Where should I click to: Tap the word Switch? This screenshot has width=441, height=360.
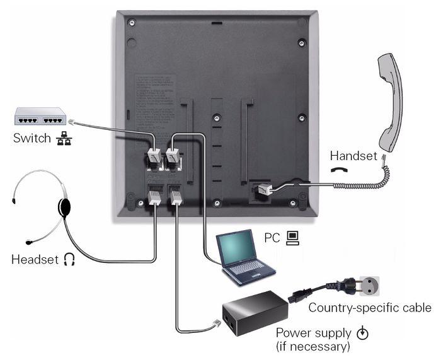32,137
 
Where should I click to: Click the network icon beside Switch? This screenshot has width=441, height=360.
62,138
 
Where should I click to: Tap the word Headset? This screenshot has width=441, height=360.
35,259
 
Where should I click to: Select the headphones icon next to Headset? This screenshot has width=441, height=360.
69,259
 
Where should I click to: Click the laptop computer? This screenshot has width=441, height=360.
245,256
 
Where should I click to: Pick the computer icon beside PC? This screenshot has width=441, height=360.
292,237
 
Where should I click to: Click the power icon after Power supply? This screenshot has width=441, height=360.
361,332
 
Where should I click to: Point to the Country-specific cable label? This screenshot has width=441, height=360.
369,308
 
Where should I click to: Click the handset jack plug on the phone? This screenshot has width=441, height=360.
263,187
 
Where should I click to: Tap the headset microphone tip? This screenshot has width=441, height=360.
29,242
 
